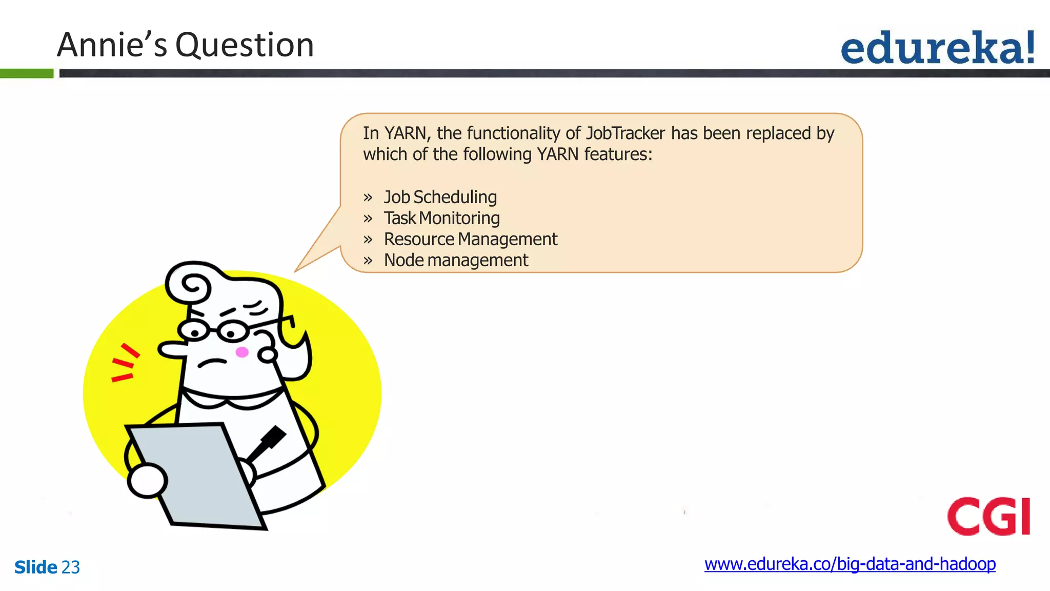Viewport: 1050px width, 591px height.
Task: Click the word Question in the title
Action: point(245,45)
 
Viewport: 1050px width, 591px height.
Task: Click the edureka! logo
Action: point(938,48)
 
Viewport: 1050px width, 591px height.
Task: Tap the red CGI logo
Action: point(988,516)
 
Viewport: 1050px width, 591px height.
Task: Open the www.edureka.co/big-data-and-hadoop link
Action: point(850,564)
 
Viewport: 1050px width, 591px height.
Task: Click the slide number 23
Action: point(71,567)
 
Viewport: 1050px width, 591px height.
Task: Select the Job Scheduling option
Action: point(440,197)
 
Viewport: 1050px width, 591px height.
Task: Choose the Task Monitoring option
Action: point(441,218)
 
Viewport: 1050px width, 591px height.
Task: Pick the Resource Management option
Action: point(470,239)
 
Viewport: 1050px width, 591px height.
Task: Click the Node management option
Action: point(456,260)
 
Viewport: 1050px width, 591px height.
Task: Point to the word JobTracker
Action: point(625,133)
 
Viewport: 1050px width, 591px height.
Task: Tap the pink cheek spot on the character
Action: point(242,352)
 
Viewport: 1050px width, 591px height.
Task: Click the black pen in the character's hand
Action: point(268,442)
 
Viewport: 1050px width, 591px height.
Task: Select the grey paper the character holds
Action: point(197,475)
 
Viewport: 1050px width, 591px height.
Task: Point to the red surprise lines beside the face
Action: point(124,364)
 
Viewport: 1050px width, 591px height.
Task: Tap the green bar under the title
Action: point(27,73)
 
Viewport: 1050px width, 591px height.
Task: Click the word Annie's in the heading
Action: point(112,45)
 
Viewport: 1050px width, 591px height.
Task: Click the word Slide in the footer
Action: point(35,567)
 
